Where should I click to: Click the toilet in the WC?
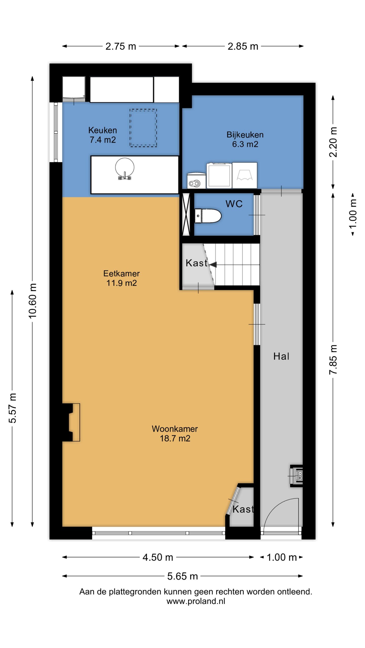(208, 216)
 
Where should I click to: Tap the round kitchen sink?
(124, 168)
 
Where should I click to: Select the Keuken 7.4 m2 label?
(103, 135)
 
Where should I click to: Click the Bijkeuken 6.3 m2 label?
(245, 139)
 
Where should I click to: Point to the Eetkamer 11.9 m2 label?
(121, 278)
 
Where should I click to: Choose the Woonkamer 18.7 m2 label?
(175, 433)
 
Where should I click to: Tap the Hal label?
(281, 356)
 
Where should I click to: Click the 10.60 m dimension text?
(32, 301)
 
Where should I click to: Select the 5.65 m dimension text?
(182, 576)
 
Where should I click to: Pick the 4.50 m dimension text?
(158, 557)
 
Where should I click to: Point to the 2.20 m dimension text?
(333, 142)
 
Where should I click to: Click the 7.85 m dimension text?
(333, 359)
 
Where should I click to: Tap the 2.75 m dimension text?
(121, 46)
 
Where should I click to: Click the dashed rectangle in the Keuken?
(143, 128)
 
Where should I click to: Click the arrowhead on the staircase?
(213, 265)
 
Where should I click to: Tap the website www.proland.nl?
(196, 601)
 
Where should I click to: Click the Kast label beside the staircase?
(196, 263)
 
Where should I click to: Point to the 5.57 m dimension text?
(12, 408)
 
